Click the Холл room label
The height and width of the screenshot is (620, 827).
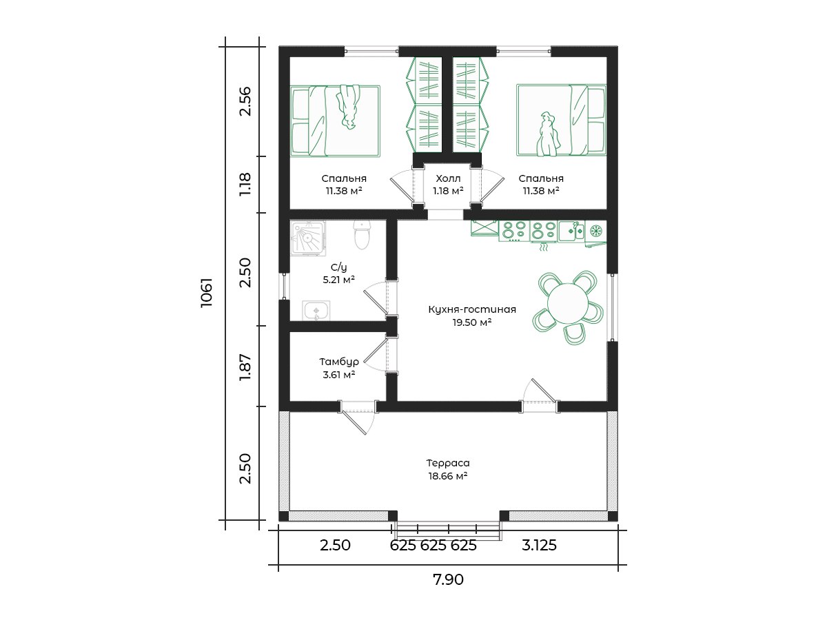point(448,178)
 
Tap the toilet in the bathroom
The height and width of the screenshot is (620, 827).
point(362,235)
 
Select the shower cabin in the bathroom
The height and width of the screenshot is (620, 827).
point(308,238)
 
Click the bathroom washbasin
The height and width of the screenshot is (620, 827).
point(316,311)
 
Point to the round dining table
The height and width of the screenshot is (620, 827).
point(567,303)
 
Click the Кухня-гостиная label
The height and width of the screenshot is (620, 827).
point(472,309)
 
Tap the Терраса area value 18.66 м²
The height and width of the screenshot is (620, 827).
point(447,476)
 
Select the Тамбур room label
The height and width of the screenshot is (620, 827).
point(339,362)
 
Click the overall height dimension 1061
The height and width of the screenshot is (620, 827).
point(207,293)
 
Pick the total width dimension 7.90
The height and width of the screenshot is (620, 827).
point(448,579)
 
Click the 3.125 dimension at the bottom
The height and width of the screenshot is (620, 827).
point(539,545)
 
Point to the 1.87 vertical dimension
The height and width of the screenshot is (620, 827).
point(245,367)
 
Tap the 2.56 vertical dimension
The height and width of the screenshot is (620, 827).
point(245,101)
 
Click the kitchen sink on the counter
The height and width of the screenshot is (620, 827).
point(571,231)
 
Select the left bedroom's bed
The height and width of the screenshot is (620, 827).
point(335,121)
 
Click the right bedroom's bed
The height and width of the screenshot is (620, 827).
point(561,120)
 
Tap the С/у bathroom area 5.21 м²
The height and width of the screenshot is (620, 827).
point(338,280)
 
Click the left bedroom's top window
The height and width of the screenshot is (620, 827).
point(371,51)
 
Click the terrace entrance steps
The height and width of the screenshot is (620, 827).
point(448,530)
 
